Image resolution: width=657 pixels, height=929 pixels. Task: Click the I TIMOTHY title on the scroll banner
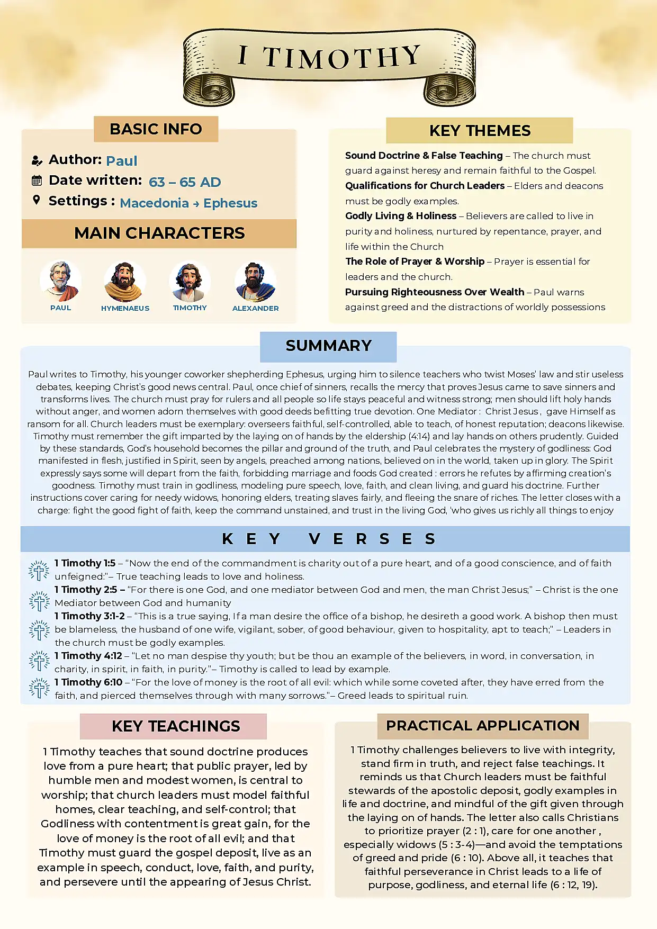point(329,57)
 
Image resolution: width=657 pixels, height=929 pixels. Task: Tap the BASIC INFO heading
point(156,129)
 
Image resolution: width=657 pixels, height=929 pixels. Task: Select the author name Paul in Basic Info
point(121,161)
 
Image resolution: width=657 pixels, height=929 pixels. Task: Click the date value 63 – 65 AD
point(185,182)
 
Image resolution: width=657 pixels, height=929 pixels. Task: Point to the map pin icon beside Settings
point(37,200)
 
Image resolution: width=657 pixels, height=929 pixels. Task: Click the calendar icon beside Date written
point(37,181)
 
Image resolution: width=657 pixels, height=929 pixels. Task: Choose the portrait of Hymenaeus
point(125,281)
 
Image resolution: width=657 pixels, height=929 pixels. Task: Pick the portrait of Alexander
point(255,281)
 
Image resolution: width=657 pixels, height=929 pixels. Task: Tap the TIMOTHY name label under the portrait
point(190,308)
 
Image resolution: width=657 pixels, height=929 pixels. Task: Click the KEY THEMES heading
point(480,131)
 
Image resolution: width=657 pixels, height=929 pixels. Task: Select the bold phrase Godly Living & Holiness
point(400,216)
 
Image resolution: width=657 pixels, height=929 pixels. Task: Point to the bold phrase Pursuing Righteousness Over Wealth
point(434,292)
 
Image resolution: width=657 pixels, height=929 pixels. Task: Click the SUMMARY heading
point(328,346)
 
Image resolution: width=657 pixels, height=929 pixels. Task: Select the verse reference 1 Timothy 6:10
point(88,682)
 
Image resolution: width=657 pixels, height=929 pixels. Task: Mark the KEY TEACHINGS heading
point(176,726)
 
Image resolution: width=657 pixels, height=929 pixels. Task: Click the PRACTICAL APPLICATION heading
point(482,726)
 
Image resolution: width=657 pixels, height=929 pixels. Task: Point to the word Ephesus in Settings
point(230,203)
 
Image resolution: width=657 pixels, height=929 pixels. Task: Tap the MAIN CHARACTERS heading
point(159,233)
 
